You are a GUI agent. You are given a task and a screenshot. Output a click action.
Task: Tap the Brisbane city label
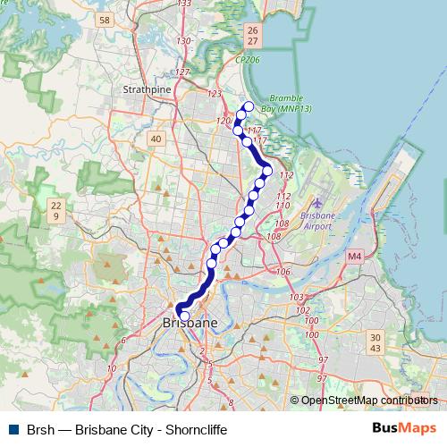coord(190,322)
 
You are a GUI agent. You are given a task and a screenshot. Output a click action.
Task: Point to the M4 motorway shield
coord(355,257)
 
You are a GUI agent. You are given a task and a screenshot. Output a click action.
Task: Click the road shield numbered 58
coord(105,20)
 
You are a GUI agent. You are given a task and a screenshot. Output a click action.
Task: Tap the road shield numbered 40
coord(156,139)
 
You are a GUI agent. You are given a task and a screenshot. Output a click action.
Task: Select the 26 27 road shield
coord(252,36)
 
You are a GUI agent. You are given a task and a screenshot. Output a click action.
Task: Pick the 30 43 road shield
coord(375,342)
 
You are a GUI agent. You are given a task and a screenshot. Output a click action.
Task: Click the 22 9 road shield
coord(55,211)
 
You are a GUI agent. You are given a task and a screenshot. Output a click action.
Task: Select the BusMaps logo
coord(404,429)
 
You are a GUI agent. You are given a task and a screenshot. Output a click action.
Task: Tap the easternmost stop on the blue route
coord(266,171)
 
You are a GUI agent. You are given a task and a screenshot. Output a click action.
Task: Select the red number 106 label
coord(284,272)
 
